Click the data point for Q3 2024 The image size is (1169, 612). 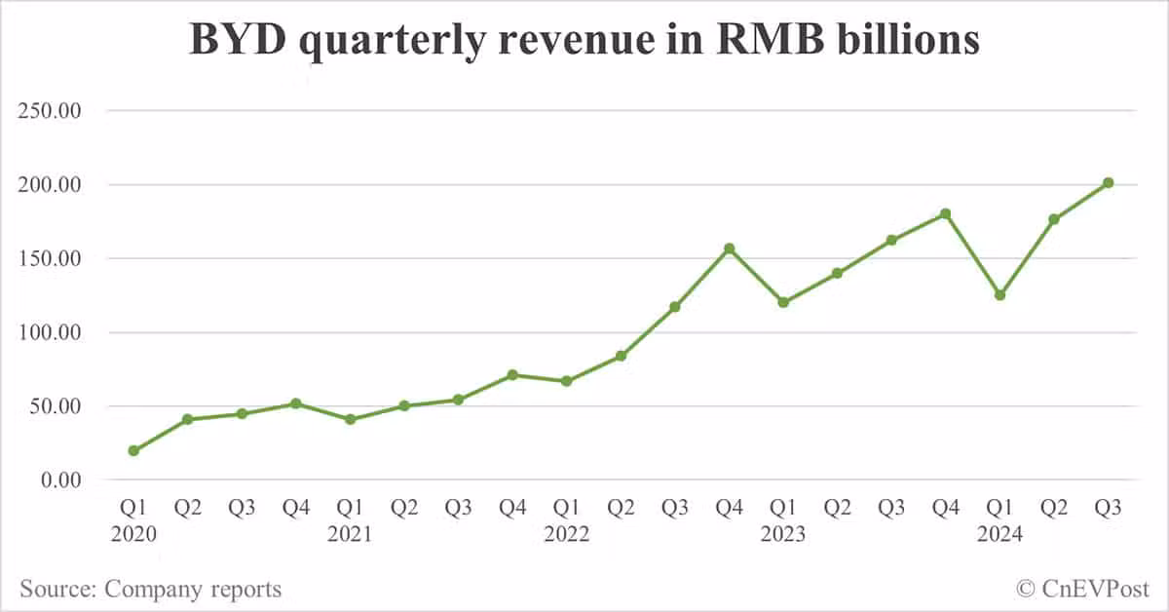[x=1108, y=182]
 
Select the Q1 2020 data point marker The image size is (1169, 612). [x=133, y=450]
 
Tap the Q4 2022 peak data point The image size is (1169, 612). [x=729, y=249]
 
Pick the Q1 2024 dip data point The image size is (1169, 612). [x=999, y=294]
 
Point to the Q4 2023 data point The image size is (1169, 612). [x=945, y=213]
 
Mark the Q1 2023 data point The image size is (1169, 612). [x=783, y=302]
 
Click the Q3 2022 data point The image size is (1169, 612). [x=675, y=306]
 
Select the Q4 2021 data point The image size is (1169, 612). [x=512, y=374]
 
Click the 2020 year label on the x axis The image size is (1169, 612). [x=133, y=534]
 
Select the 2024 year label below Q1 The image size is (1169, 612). [x=999, y=534]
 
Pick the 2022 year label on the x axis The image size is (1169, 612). [x=566, y=534]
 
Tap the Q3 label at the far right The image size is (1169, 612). [x=1108, y=509]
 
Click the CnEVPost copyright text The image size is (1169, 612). [x=1082, y=589]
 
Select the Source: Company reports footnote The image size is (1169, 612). [x=150, y=589]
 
